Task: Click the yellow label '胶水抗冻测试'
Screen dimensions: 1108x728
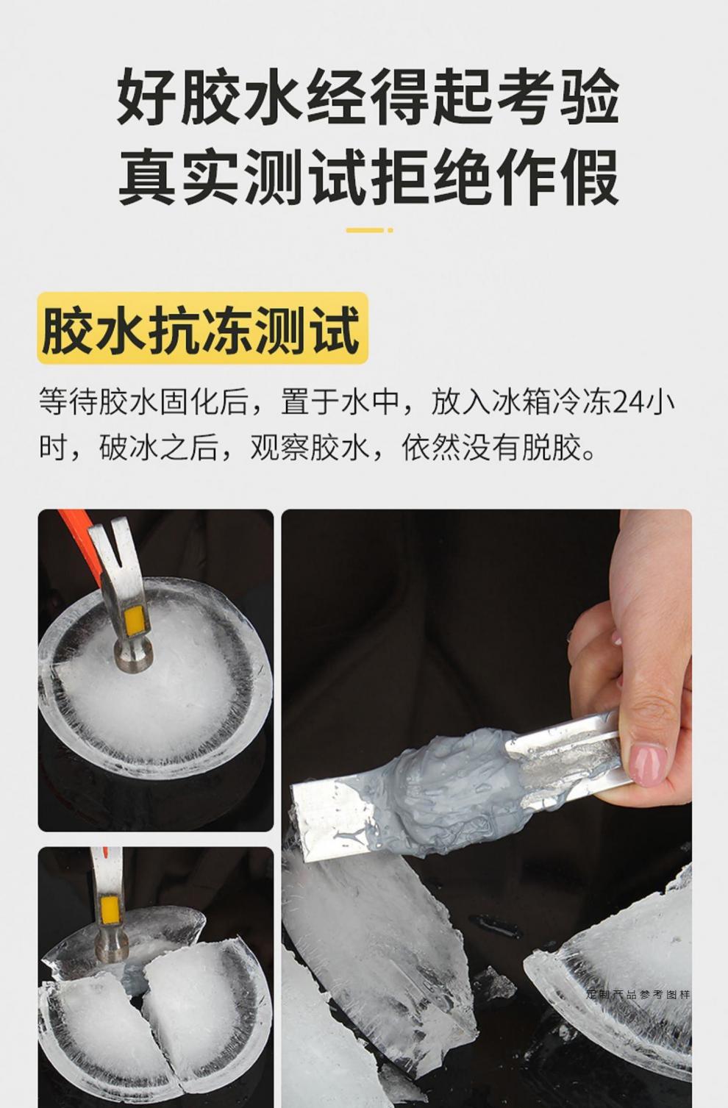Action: point(201,329)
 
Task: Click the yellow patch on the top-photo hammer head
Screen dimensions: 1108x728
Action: point(135,621)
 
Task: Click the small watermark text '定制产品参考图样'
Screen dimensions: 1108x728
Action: point(638,995)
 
